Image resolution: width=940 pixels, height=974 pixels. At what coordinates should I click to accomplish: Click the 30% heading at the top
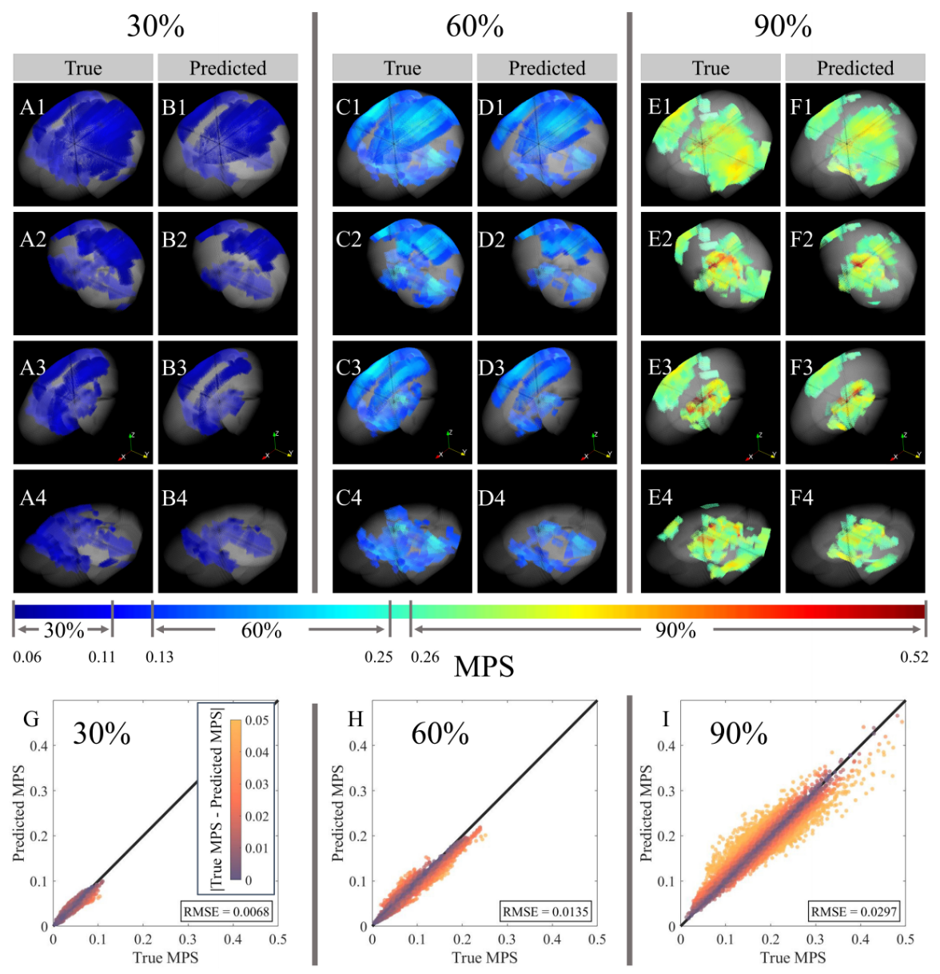(156, 26)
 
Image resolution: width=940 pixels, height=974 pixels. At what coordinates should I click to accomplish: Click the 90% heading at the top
(783, 26)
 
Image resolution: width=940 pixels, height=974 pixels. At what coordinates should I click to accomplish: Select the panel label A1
(33, 108)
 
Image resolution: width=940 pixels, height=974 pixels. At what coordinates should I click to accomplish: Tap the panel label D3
(492, 368)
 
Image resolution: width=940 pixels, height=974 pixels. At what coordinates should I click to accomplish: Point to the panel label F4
(801, 498)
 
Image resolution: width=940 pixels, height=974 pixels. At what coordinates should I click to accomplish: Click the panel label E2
(660, 239)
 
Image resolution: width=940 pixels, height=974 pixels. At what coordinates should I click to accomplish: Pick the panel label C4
(349, 498)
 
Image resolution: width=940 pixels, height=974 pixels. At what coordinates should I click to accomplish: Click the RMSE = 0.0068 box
(227, 911)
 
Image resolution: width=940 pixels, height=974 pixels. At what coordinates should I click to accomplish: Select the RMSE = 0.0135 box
(546, 911)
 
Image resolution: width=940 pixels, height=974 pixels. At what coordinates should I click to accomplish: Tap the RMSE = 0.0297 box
(854, 911)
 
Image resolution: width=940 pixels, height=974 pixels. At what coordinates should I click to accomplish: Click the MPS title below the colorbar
(484, 667)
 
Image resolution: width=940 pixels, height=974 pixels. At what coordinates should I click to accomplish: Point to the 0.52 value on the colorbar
(914, 657)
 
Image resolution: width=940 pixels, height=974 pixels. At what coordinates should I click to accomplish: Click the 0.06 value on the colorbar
(27, 657)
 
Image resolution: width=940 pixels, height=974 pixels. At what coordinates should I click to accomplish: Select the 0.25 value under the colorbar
(379, 657)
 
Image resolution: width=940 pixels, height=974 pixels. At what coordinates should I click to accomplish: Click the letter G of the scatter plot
(31, 720)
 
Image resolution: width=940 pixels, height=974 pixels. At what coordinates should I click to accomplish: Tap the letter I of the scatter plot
(666, 720)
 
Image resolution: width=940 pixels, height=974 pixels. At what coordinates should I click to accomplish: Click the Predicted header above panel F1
(855, 68)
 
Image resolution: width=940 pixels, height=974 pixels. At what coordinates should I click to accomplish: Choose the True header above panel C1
(402, 68)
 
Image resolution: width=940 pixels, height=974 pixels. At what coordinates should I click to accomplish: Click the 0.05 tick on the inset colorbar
(257, 721)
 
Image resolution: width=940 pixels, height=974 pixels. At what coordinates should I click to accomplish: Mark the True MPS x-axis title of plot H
(484, 957)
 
